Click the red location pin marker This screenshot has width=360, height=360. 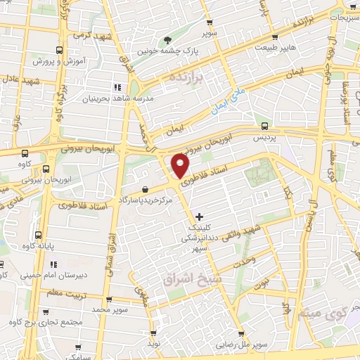click(x=180, y=166)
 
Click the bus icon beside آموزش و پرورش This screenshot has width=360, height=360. click(x=58, y=51)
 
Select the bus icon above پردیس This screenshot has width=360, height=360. click(x=264, y=126)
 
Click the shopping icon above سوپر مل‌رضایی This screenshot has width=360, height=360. click(x=242, y=334)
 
